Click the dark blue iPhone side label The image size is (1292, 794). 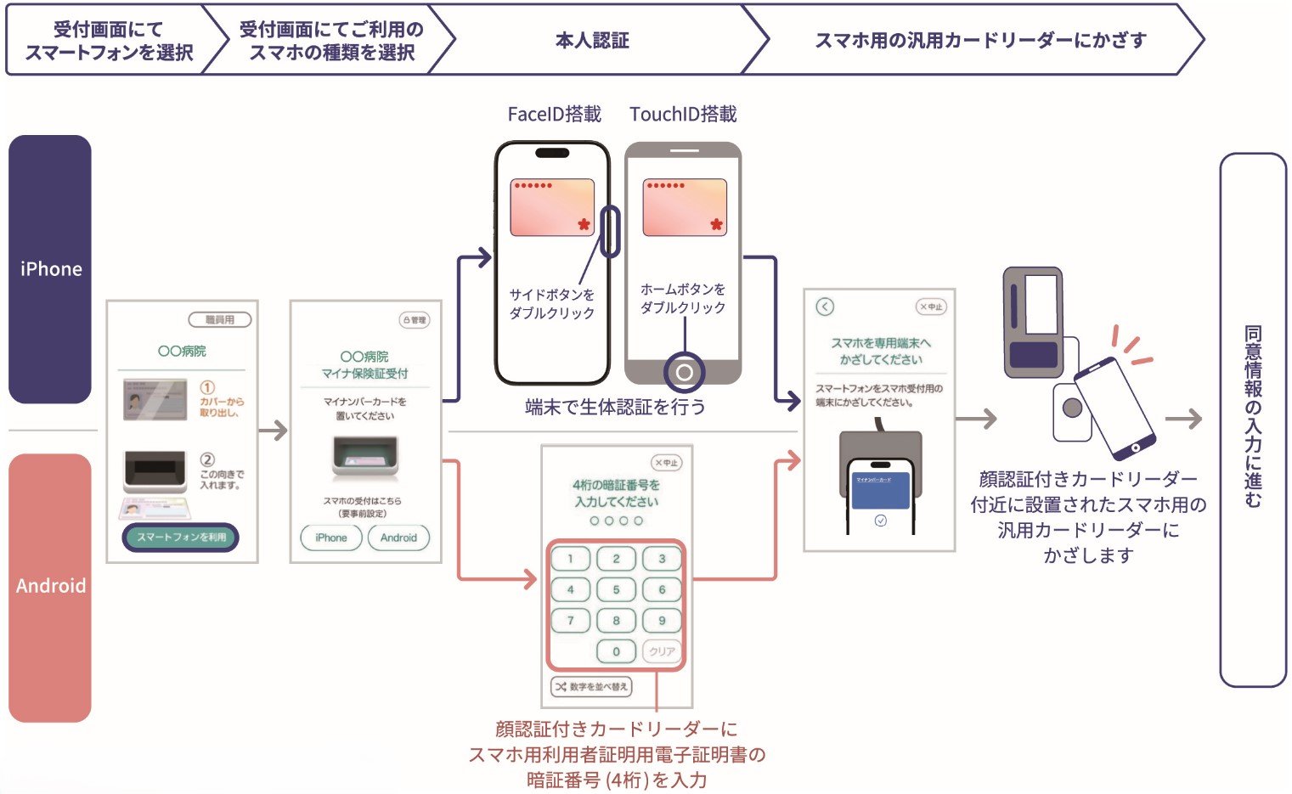pyautogui.click(x=50, y=269)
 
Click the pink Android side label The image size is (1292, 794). pyautogui.click(x=50, y=586)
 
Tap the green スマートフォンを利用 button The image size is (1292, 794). pyautogui.click(x=181, y=538)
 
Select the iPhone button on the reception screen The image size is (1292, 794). pyautogui.click(x=331, y=538)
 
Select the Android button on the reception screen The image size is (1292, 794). pyautogui.click(x=398, y=538)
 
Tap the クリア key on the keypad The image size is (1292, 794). pyautogui.click(x=662, y=651)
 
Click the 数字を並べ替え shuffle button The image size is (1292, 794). pyautogui.click(x=592, y=686)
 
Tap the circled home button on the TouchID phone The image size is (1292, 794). pyautogui.click(x=684, y=372)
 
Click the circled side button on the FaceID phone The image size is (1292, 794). pyautogui.click(x=609, y=230)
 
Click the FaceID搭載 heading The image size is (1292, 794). pyautogui.click(x=554, y=115)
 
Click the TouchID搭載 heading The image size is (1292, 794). pyautogui.click(x=683, y=115)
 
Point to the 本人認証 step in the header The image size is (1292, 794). pyautogui.click(x=592, y=41)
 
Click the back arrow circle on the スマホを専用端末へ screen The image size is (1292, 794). pyautogui.click(x=825, y=307)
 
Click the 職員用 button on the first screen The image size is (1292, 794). pyautogui.click(x=220, y=320)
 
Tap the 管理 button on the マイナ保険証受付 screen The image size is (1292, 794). pyautogui.click(x=415, y=320)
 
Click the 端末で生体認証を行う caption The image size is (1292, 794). pyautogui.click(x=615, y=408)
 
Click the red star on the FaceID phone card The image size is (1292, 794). pyautogui.click(x=584, y=224)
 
